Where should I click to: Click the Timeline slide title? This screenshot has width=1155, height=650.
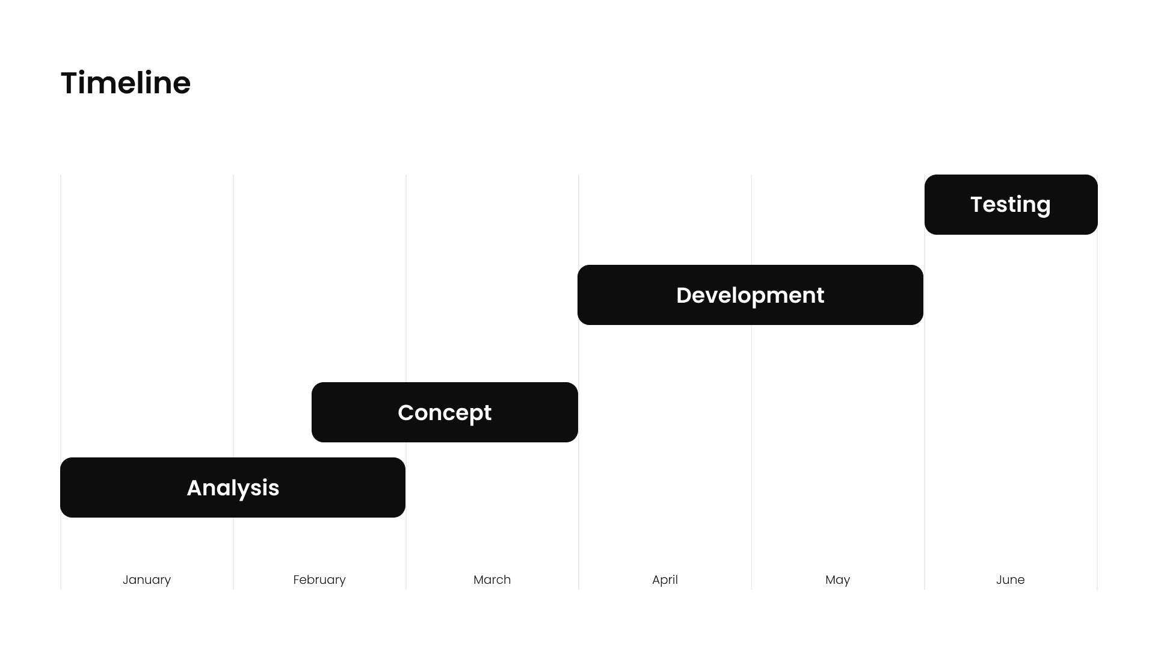coord(126,83)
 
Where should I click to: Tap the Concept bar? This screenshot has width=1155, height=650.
coord(349,412)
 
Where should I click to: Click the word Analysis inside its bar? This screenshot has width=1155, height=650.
coord(233,488)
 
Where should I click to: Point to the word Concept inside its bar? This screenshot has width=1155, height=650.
coord(445,413)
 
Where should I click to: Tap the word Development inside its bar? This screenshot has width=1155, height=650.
coord(750,296)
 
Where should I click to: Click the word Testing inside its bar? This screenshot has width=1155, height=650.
coord(1011,205)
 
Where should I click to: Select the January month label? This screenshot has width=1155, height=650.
coord(147,580)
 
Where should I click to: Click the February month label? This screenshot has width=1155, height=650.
coord(319,580)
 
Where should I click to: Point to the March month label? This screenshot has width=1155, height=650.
coord(492,580)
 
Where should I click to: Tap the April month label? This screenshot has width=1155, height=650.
coord(665,580)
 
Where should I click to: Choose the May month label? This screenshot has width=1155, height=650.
coord(837,580)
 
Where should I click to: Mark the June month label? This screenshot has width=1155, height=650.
coord(1010,580)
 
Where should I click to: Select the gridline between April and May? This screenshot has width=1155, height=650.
coord(751,421)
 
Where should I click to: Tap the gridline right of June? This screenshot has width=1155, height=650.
coord(1097,361)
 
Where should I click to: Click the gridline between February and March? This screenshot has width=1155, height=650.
coord(406,301)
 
